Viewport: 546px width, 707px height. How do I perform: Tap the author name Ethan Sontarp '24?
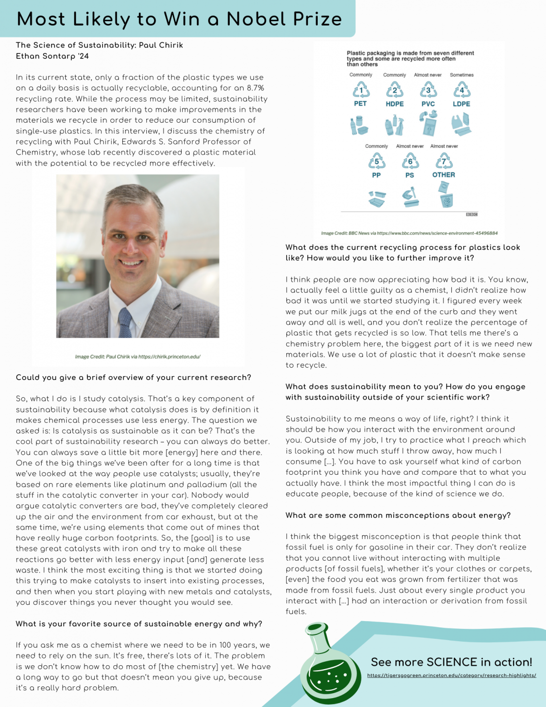pos(52,56)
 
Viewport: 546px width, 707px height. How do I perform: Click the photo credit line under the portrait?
pos(137,356)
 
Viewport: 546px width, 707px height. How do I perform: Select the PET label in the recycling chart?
pos(360,104)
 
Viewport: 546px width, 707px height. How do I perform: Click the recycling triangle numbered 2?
pos(395,90)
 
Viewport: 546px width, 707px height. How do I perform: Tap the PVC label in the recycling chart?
pos(428,104)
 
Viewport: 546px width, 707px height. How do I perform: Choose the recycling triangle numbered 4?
pos(462,90)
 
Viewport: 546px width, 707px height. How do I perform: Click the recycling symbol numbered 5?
pos(377,162)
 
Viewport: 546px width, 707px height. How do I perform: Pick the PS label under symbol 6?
pos(409,175)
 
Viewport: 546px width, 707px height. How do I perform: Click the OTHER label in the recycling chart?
pos(443,175)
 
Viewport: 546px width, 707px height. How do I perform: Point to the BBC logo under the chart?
pos(471,215)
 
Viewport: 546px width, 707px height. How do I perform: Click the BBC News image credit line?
pos(409,233)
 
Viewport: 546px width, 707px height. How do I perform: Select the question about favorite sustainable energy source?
pos(139,624)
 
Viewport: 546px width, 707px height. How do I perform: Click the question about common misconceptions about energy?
pos(398,515)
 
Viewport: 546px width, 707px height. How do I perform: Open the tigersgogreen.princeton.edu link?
pos(451,676)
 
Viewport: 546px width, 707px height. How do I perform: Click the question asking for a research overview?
pos(134,377)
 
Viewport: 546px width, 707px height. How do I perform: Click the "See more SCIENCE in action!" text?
pos(451,662)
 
